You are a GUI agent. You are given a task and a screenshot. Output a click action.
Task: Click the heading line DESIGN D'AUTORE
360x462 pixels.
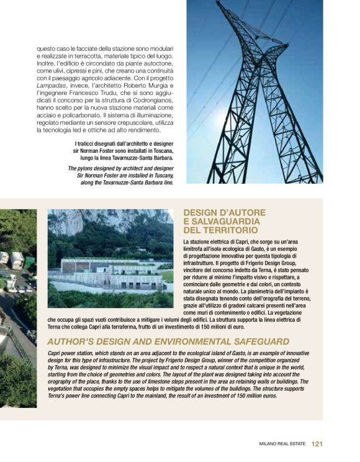[224, 212]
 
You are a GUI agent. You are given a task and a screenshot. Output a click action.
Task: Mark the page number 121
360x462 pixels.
[317, 444]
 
